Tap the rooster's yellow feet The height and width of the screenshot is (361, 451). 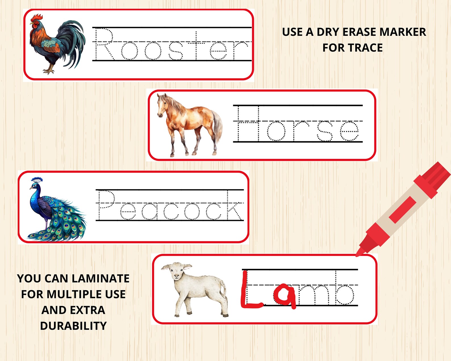pyautogui.click(x=49, y=70)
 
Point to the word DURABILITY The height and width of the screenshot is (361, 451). pyautogui.click(x=73, y=326)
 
